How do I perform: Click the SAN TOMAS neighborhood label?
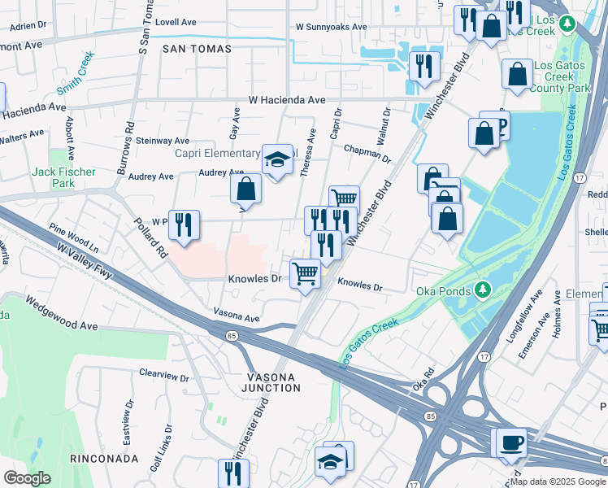(x=197, y=49)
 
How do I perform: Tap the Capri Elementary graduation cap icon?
(x=276, y=159)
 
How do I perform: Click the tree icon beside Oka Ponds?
(x=483, y=289)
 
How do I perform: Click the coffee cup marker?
(x=510, y=442)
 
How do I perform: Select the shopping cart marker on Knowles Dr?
(x=305, y=273)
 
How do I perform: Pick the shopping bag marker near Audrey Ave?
(x=245, y=190)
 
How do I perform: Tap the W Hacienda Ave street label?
(x=287, y=100)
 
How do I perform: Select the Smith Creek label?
(x=76, y=72)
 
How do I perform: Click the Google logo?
(x=28, y=478)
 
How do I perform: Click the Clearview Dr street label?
(x=163, y=378)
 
